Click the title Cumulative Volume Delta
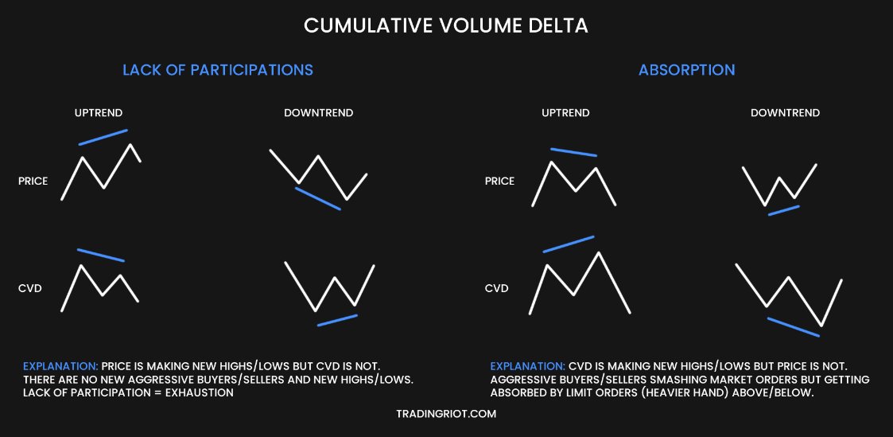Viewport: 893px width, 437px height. [x=446, y=25]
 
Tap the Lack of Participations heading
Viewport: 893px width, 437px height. [x=217, y=70]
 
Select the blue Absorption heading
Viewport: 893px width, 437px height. [x=686, y=70]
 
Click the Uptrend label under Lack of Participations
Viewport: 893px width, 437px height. [x=99, y=113]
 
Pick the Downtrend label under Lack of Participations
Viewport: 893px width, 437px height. [x=318, y=113]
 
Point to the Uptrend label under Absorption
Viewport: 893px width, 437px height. [x=565, y=113]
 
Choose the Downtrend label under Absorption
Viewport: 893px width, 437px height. [x=785, y=113]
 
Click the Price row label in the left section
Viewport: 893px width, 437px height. [x=33, y=181]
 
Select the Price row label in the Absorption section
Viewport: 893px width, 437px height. [x=499, y=181]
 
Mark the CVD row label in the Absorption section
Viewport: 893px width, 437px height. [x=496, y=288]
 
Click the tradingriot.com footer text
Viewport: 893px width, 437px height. [x=446, y=414]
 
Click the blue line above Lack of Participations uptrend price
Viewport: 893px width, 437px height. [x=103, y=137]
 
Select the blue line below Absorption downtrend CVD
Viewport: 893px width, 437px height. [x=793, y=327]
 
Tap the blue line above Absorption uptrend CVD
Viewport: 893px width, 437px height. [x=569, y=244]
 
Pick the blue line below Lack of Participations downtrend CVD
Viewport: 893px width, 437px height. [x=337, y=320]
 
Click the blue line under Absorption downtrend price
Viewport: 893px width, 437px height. [x=783, y=211]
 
